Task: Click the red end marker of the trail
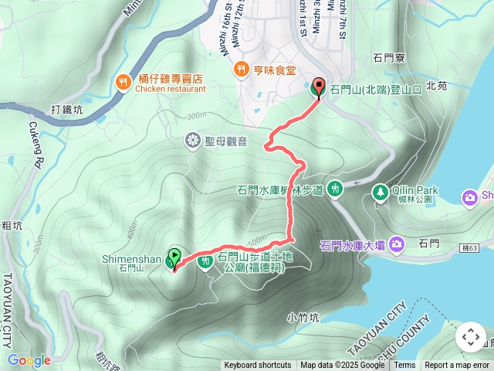click(317, 88)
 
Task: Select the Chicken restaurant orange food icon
click(123, 82)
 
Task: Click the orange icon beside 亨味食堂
click(242, 70)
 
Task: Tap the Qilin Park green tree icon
click(380, 190)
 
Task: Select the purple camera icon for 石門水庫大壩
click(398, 244)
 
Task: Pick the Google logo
click(29, 360)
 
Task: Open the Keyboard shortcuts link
click(258, 366)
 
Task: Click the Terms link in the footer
click(404, 366)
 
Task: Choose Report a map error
click(457, 366)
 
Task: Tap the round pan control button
click(470, 337)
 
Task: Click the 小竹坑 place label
click(302, 317)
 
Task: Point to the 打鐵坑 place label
click(66, 109)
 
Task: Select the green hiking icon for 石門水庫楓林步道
click(335, 188)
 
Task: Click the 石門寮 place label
click(389, 57)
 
